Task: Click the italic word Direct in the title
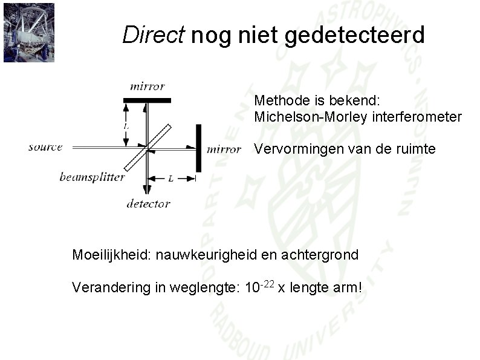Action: coord(152,35)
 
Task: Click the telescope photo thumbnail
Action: coord(28,32)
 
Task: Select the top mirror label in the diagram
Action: coord(147,86)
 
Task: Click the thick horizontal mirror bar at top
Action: coord(147,100)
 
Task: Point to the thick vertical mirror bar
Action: coord(198,148)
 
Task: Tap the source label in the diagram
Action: coord(45,147)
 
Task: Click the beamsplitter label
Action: coord(92,177)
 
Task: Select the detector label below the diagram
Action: coord(148,203)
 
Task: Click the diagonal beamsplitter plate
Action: coord(147,147)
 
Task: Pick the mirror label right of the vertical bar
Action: coord(224,149)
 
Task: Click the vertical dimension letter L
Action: coord(125,126)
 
